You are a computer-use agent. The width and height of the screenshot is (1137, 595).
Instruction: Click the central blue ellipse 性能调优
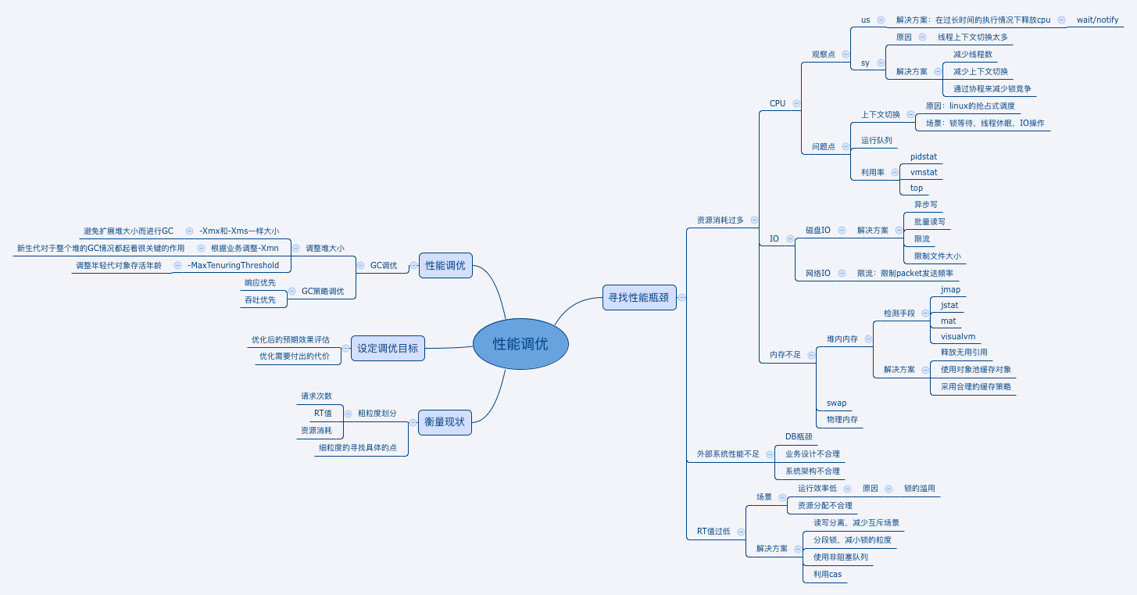[x=520, y=343]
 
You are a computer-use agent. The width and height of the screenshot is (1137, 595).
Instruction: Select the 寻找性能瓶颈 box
[x=639, y=297]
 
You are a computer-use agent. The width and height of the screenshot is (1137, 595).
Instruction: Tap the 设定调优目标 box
[x=388, y=348]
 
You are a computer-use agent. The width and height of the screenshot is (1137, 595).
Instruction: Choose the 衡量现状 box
[x=445, y=422]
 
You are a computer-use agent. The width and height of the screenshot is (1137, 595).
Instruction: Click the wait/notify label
[x=1097, y=20]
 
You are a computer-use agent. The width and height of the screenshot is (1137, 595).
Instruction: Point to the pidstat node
[x=924, y=156]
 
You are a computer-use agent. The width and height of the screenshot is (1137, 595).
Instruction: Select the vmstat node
[x=924, y=172]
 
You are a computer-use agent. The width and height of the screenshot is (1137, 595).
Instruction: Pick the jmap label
[x=950, y=289]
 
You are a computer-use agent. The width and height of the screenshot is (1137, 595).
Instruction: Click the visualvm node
[x=958, y=336]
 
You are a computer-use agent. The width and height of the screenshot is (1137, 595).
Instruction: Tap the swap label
[x=836, y=403]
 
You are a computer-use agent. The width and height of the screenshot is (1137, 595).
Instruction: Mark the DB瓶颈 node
[x=799, y=436]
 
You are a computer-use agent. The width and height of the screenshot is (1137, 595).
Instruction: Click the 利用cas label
[x=827, y=574]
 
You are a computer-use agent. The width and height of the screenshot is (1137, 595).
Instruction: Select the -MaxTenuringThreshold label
[x=233, y=265]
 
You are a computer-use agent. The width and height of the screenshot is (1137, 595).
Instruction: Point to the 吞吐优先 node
[x=260, y=299]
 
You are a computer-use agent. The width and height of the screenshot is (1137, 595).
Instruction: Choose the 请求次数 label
[x=316, y=396]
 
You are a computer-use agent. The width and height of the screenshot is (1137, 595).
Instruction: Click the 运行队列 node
[x=877, y=140]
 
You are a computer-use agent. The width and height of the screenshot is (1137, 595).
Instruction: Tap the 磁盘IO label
[x=818, y=230]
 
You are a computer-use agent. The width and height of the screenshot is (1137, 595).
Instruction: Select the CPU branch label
[x=778, y=103]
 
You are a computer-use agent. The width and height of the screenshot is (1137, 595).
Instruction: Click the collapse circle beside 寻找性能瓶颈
[x=682, y=297]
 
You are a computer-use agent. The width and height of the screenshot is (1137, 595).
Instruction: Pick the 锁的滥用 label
[x=919, y=488]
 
